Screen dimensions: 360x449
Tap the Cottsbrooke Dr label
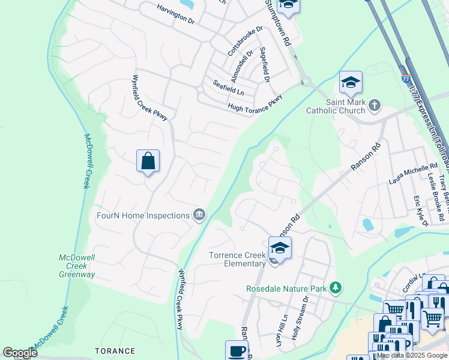click(246, 41)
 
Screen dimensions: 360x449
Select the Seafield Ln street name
click(228, 88)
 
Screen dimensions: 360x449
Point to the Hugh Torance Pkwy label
click(255, 106)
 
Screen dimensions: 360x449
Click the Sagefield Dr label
click(264, 64)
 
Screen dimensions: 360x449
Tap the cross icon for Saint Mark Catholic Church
click(375, 106)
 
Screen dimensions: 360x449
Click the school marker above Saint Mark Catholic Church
click(351, 82)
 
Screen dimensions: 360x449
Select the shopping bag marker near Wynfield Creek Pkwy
click(148, 161)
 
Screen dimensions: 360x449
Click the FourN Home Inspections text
click(143, 215)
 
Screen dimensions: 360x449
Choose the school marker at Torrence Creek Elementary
click(280, 248)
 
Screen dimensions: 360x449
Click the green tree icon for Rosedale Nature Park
click(336, 289)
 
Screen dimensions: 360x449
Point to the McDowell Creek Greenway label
click(77, 266)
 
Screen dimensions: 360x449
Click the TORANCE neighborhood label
click(115, 351)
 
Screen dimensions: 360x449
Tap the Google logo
click(20, 353)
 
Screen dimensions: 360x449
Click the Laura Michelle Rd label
click(414, 172)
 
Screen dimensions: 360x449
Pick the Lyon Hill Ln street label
click(280, 326)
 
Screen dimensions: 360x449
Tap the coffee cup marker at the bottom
click(237, 350)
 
